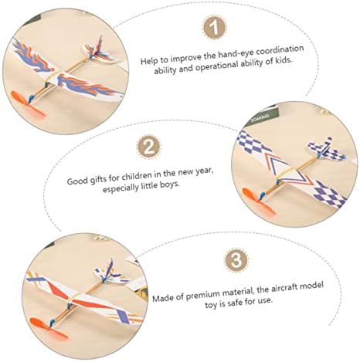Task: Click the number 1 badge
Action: tap(215, 28)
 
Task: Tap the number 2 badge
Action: tap(148, 147)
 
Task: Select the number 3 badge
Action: tap(236, 260)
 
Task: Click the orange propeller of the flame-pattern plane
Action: tap(27, 104)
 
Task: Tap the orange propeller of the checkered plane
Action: tap(259, 201)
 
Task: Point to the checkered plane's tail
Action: tap(327, 150)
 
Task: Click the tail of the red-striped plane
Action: tap(111, 274)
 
